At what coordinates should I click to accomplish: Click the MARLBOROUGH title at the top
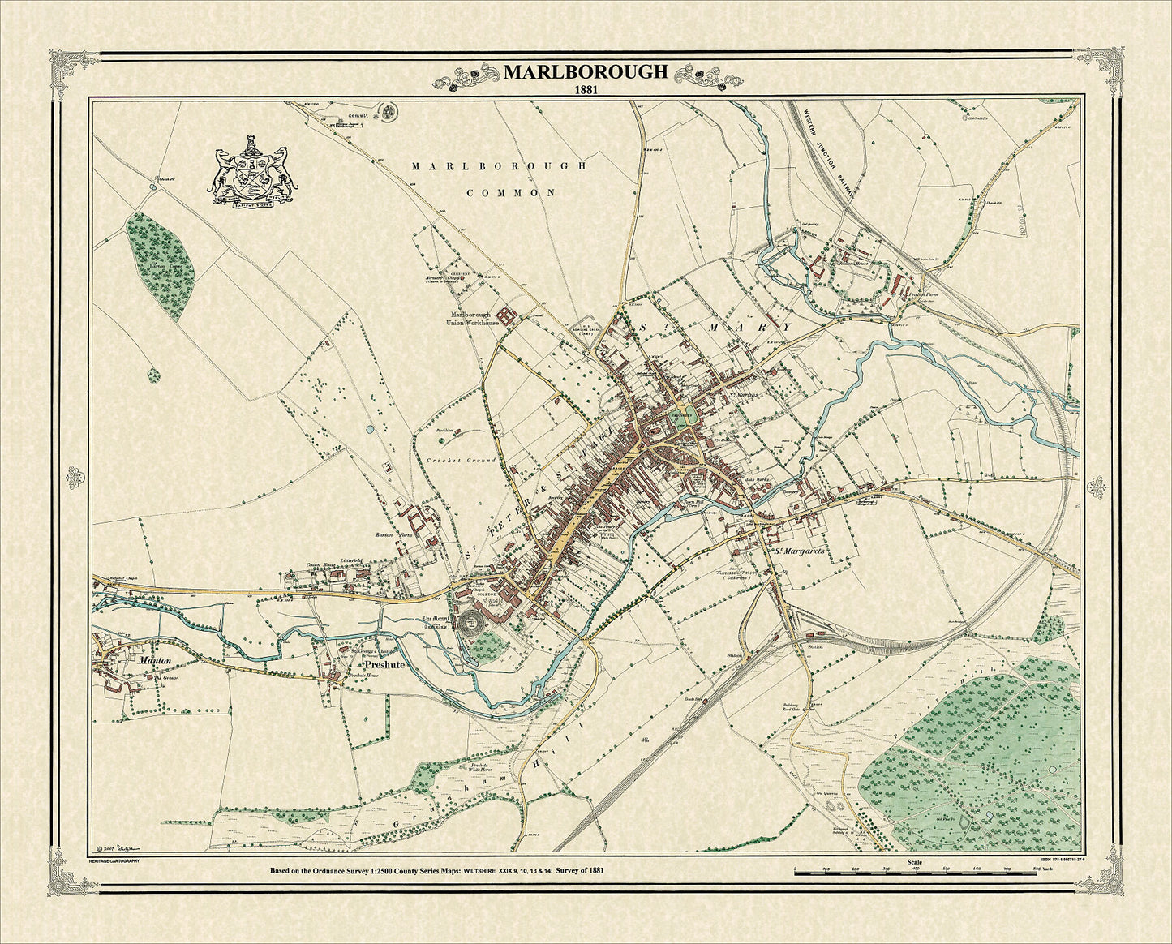point(586,71)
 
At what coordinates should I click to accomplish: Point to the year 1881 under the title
point(586,90)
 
